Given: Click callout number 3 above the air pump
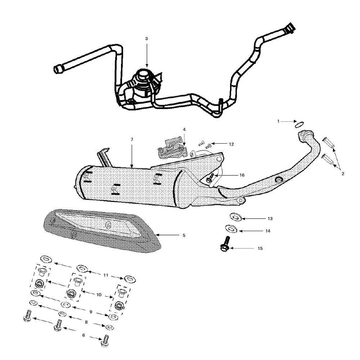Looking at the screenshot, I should tap(146, 39).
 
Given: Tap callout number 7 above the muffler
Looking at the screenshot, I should tap(132, 139).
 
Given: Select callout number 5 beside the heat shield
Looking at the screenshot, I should tap(184, 235).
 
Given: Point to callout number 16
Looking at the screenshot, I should tap(242, 175).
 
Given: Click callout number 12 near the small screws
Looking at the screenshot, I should tap(231, 144).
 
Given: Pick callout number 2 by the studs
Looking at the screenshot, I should tap(343, 174).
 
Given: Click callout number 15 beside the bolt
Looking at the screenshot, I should tap(260, 248).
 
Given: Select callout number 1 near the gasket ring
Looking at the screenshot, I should tap(278, 122).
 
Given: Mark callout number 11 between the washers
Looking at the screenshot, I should tap(105, 275).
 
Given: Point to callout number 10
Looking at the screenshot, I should tap(99, 294).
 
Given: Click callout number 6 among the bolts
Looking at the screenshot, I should tap(84, 335).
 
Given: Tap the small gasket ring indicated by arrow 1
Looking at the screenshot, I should tap(298, 125).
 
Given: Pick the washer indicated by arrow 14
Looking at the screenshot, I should tap(229, 229).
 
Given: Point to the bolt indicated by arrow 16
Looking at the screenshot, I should tap(211, 178).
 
